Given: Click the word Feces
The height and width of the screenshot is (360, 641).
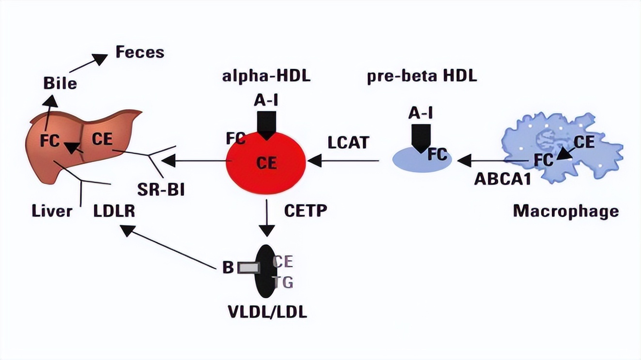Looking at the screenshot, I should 140,52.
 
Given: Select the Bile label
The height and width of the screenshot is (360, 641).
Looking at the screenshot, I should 60,83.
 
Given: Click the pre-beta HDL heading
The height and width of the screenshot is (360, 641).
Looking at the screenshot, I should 421,77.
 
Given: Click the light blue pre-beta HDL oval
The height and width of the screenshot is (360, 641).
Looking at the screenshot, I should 421,160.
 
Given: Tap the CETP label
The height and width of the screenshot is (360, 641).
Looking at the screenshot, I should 306,211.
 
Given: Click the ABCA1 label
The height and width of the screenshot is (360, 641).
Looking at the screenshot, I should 503,179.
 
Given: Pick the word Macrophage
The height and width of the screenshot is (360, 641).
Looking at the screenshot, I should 565,211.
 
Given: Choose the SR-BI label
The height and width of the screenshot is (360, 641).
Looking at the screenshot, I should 162,189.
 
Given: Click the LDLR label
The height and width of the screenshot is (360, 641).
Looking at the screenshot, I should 114,211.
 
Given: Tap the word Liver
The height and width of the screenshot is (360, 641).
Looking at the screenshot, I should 52,211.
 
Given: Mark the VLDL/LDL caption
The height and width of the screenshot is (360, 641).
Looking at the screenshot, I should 267,312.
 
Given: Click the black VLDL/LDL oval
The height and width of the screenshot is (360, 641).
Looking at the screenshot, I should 266,271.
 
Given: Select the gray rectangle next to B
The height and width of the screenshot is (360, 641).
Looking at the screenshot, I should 248,267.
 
